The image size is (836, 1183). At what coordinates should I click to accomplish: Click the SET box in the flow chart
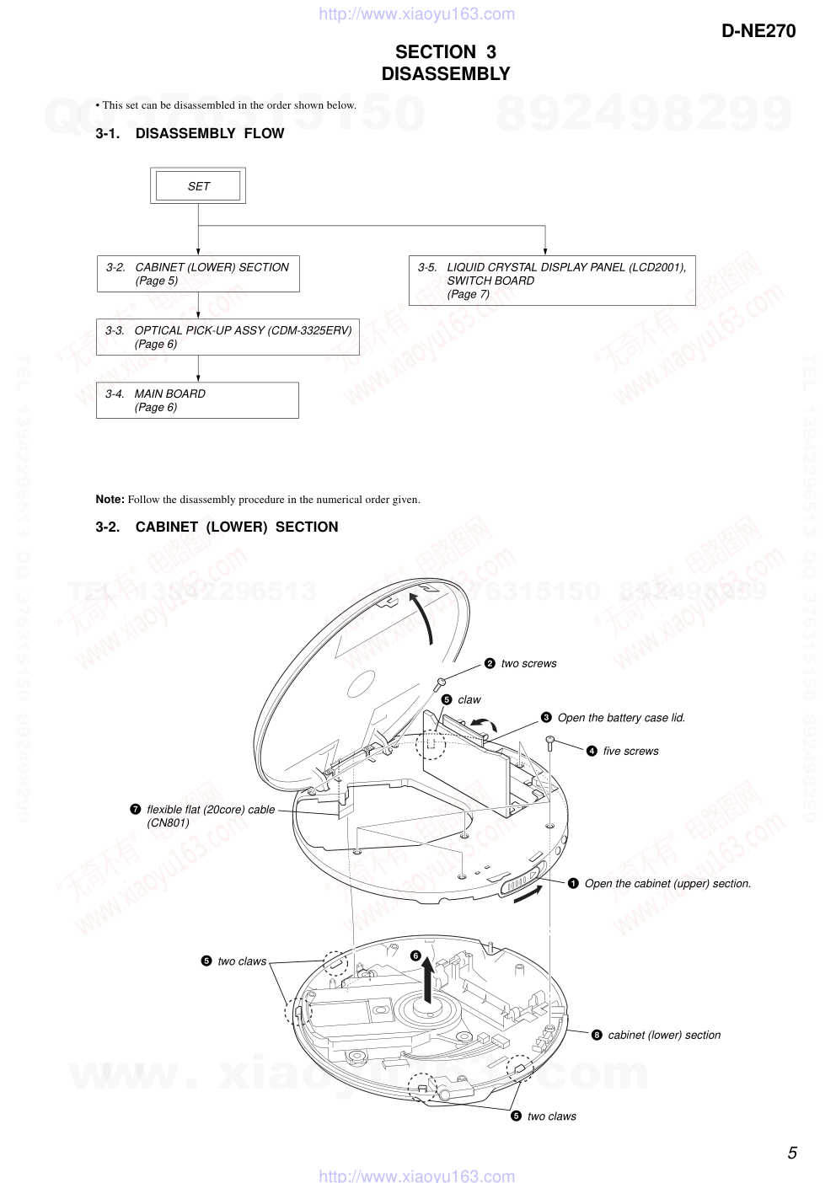tap(198, 186)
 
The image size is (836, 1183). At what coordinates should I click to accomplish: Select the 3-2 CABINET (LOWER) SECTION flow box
tap(198, 274)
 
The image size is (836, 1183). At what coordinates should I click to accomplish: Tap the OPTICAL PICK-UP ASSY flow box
tap(228, 337)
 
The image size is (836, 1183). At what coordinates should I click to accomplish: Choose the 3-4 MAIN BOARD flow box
tap(197, 400)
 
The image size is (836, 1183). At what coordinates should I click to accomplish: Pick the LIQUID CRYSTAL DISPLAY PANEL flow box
tap(552, 281)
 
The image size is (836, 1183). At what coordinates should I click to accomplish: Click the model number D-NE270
tap(758, 31)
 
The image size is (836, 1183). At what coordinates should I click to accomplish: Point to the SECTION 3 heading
tap(446, 52)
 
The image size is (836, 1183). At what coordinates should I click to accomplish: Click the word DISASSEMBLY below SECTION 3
tap(446, 74)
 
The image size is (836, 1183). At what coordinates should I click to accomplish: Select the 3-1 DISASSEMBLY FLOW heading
tap(190, 133)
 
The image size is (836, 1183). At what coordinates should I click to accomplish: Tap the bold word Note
tap(110, 499)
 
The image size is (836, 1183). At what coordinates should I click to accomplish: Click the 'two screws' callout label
tap(528, 664)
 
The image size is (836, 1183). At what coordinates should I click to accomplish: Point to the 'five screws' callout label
tap(630, 752)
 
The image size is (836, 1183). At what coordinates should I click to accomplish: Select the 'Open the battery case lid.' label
tap(621, 718)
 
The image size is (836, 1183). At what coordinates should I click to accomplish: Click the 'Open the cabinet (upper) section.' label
tap(667, 884)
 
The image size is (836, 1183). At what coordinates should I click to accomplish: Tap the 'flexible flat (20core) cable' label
tap(211, 810)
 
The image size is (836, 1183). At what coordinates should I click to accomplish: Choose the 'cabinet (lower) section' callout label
tap(664, 1036)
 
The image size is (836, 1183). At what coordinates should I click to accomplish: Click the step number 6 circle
tap(415, 955)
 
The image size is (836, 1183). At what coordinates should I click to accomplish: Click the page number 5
tap(792, 1153)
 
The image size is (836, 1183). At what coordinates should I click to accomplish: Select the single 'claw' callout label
tap(469, 700)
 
